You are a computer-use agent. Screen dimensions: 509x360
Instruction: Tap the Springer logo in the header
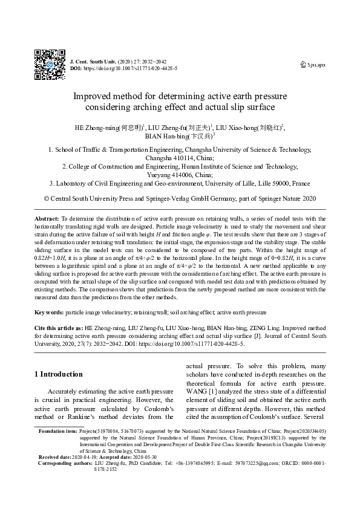[313, 64]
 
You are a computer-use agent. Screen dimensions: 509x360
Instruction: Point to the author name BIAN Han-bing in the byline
[162, 137]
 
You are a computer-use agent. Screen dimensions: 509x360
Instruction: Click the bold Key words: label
[48, 313]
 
